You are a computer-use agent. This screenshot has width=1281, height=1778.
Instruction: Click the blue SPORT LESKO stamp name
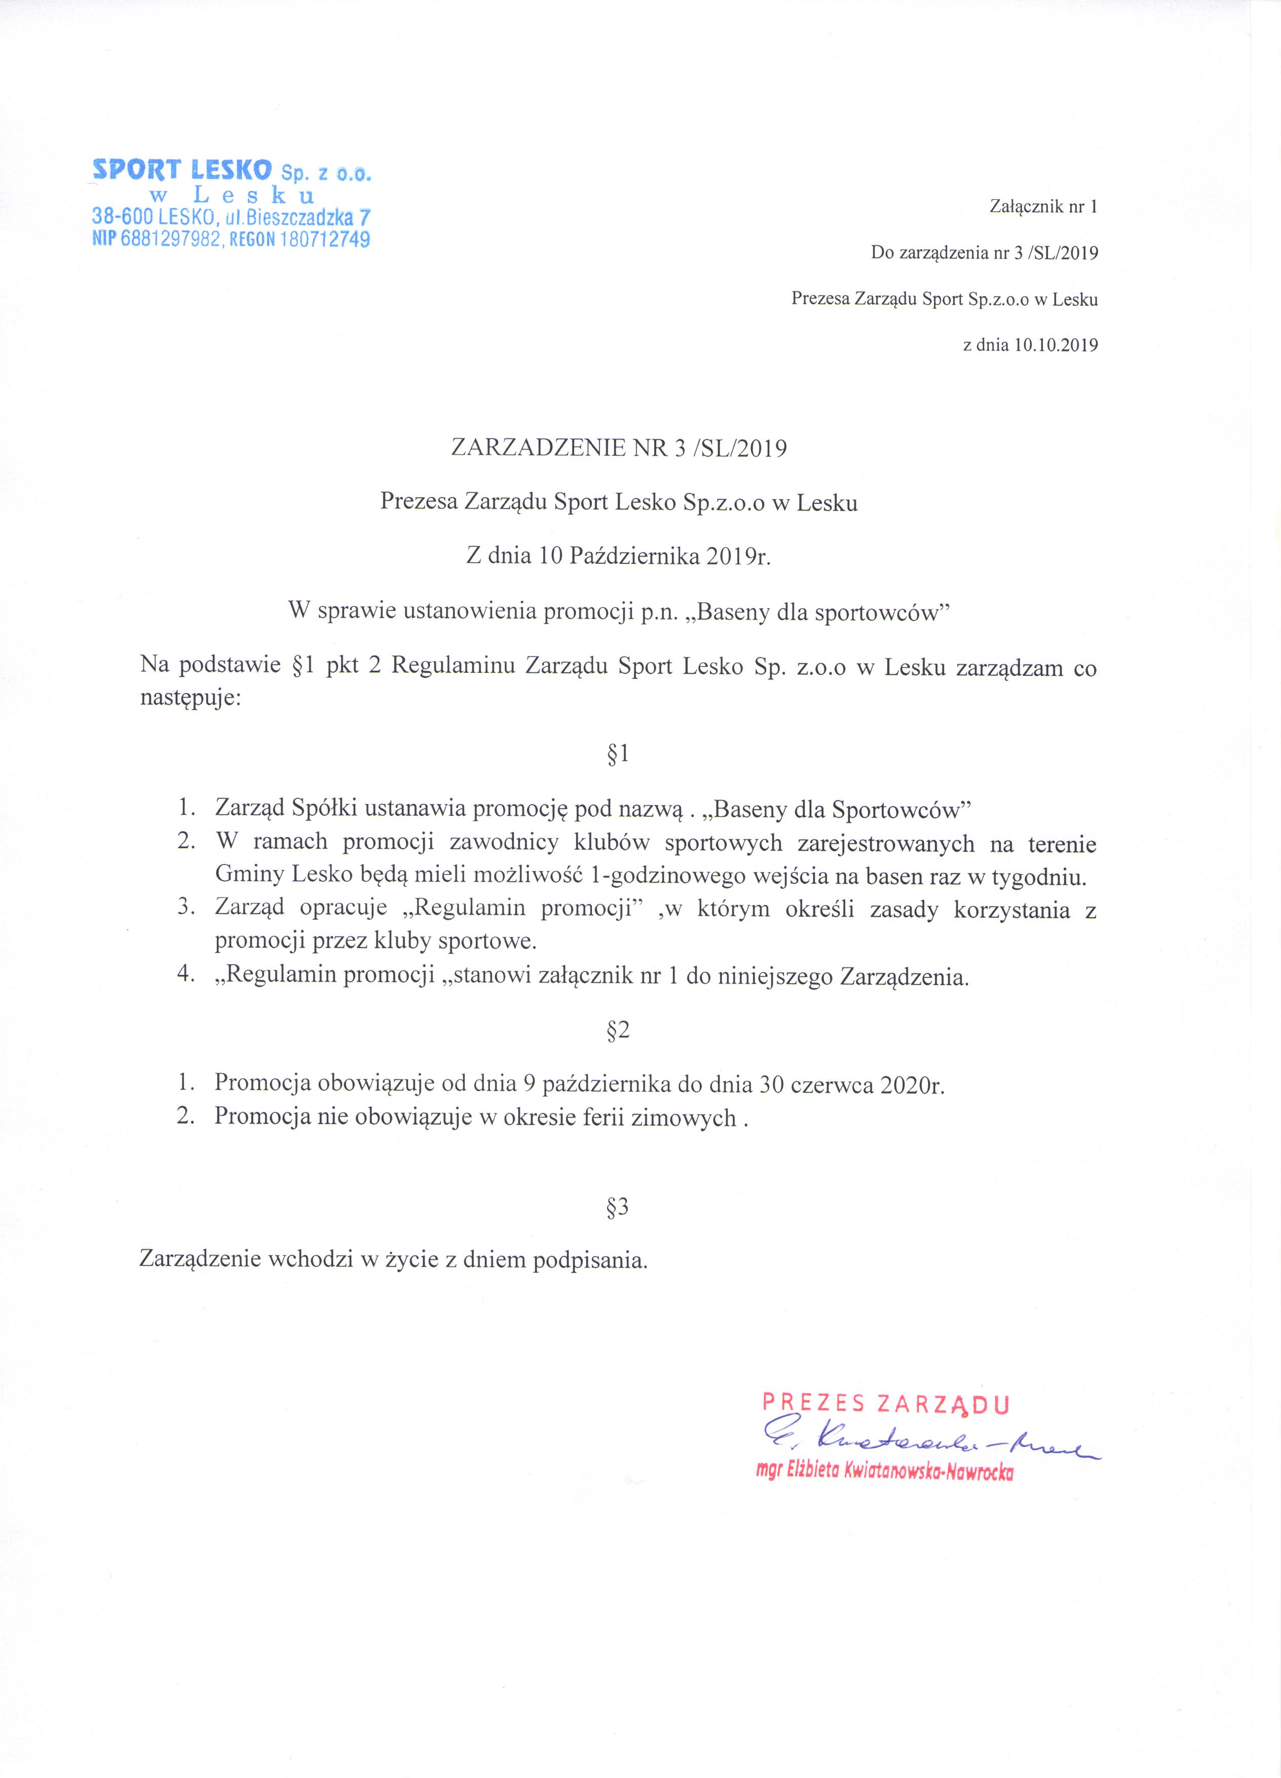click(182, 169)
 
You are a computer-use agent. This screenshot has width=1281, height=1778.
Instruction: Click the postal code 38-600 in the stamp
click(123, 216)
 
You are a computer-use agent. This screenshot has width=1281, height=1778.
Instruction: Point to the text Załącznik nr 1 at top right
click(1044, 207)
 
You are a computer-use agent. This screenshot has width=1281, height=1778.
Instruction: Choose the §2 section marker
click(618, 1030)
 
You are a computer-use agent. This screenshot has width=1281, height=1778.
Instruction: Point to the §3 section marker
click(618, 1207)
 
